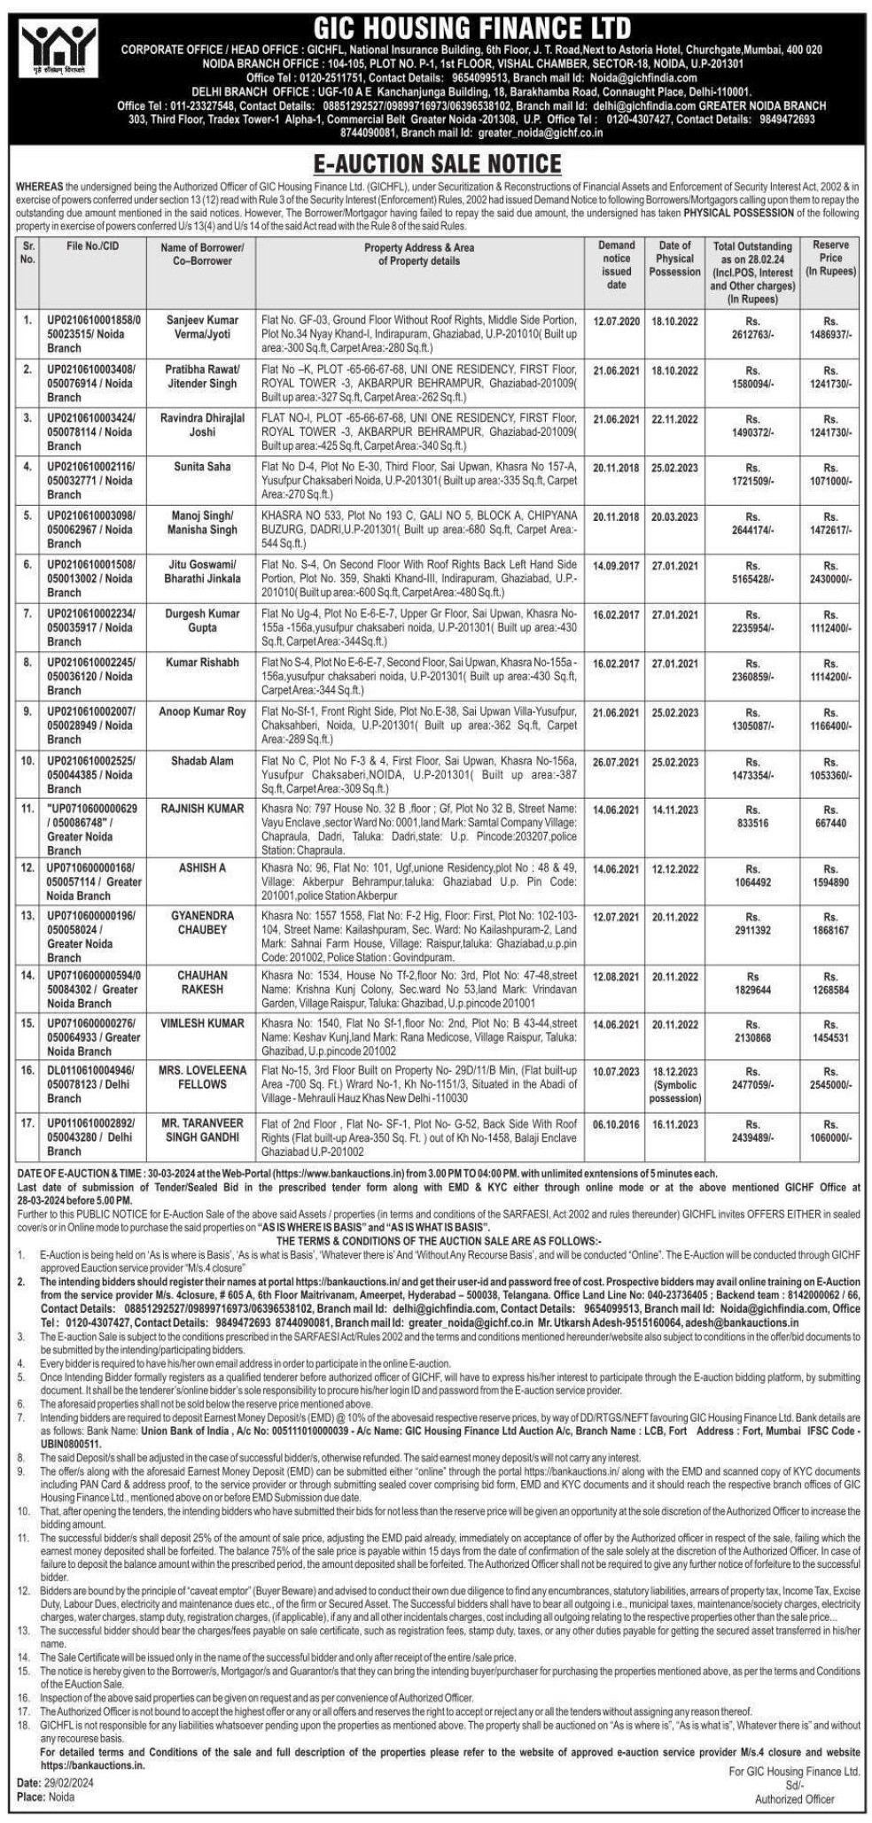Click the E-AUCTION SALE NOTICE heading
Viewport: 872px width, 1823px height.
[435, 164]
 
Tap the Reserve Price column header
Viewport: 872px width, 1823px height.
[829, 259]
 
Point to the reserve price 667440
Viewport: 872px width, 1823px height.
[829, 822]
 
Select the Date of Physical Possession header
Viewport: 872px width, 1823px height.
[674, 259]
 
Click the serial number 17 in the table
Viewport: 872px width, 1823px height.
[27, 1121]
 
